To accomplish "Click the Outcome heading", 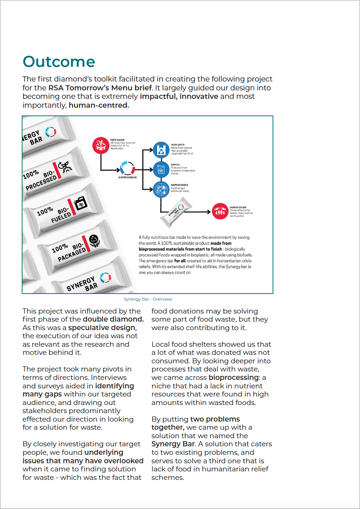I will pos(59,62).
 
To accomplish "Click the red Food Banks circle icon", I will pos(100,145).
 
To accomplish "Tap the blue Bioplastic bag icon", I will pos(161,150).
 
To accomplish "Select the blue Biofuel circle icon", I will pos(161,169).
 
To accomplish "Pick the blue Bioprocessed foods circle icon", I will pos(161,190).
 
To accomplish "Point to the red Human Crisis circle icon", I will pos(220,211).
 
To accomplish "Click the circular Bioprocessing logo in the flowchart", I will pos(128,168).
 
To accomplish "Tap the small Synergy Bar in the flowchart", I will pos(176,212).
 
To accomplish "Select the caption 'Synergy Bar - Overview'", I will pos(148,299).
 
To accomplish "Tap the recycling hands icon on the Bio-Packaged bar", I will pos(94,241).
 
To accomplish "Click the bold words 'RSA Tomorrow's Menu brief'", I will pos(100,88).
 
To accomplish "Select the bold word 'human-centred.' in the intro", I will pos(99,105).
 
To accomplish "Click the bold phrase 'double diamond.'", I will pos(113,319).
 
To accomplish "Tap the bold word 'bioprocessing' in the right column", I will pos(233,378).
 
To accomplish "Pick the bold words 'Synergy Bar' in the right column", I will pos(173,444).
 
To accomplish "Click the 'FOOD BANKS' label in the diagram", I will pos(117,140).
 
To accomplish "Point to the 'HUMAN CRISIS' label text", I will pos(238,208).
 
